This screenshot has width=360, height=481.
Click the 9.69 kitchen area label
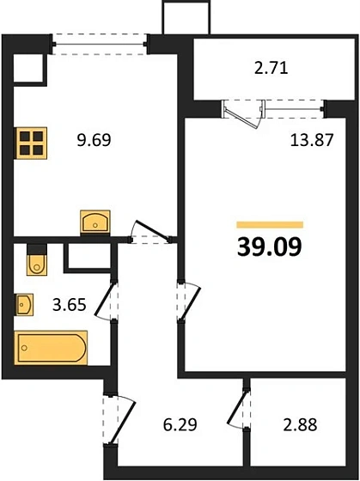pos(94,140)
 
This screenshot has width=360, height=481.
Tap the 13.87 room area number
pos(312,141)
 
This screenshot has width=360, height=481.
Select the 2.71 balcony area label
pos(272,68)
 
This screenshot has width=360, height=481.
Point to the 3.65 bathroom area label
pos(69,305)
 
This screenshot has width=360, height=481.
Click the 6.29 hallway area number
pos(180,425)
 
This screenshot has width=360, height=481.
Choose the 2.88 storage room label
pos(300,425)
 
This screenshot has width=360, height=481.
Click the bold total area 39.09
pos(270,247)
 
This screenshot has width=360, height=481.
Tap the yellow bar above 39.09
pos(270,225)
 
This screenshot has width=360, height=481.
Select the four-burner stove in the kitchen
pos(31,143)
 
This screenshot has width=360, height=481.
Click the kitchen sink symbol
pos(95,222)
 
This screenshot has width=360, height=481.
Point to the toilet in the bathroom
pos(37,259)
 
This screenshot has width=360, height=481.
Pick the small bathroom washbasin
pos(24,304)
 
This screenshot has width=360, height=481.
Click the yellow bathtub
pos(51,348)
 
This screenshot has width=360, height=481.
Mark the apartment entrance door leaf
pos(123,423)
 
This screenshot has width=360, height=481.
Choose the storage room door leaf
pos(237,407)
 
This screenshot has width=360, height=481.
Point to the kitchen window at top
pos(100,45)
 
